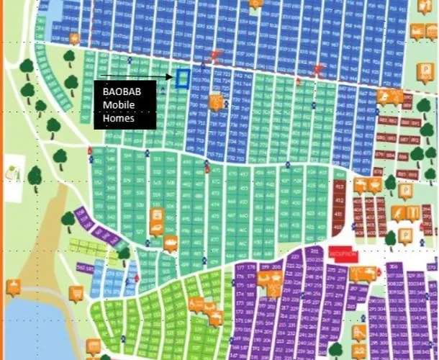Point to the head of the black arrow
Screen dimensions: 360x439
171,76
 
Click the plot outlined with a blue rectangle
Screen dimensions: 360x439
182,78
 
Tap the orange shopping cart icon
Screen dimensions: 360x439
74,293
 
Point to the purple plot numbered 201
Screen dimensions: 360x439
315,251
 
